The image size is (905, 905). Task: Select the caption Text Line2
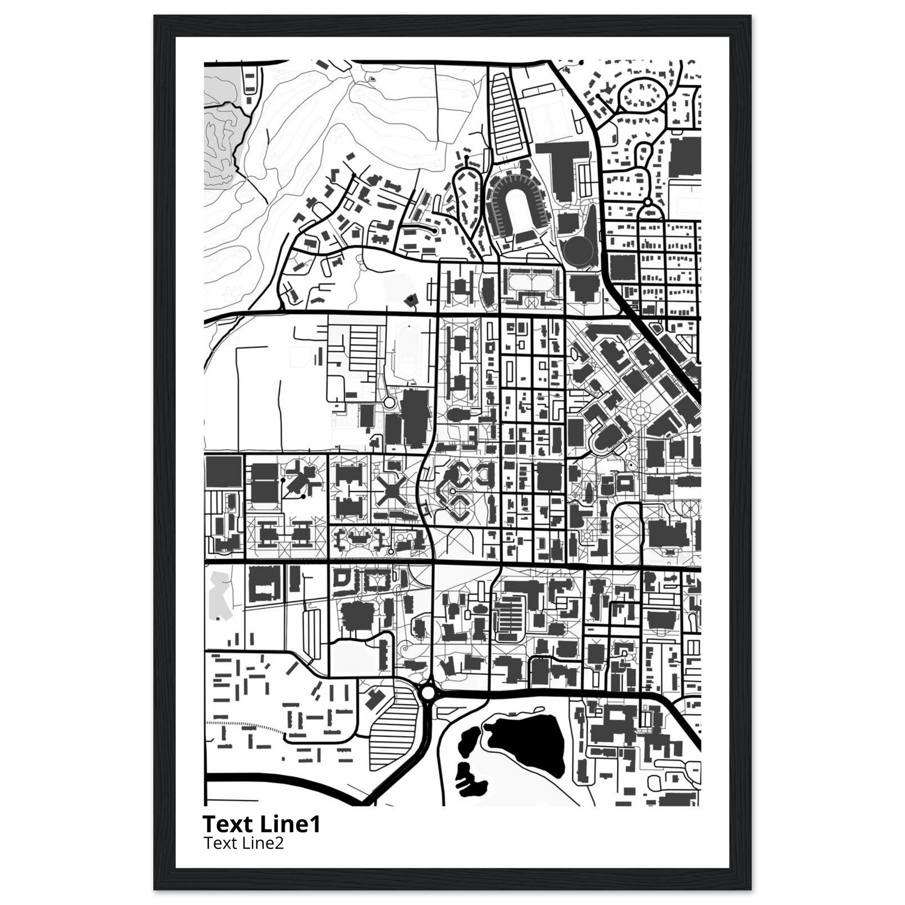point(243,844)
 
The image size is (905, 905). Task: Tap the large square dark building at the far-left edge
point(224,473)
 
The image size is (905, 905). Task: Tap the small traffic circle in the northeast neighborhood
point(648,202)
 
